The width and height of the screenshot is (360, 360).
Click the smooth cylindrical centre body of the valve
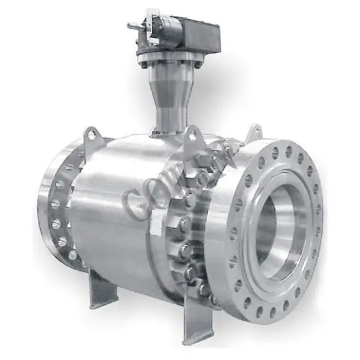click(x=118, y=196)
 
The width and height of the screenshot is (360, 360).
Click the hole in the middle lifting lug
click(x=192, y=134)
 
